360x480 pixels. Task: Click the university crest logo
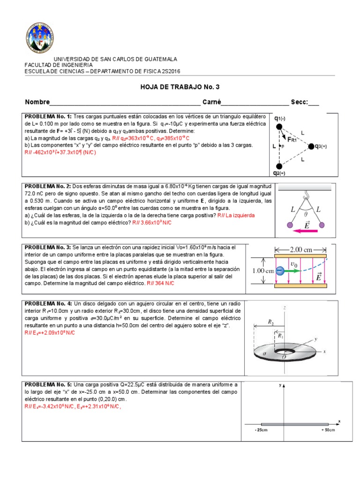tap(39, 38)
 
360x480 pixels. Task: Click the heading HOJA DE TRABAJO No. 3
tap(180, 87)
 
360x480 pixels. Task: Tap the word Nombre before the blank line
tap(37, 102)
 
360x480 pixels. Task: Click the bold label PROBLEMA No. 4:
tap(48, 304)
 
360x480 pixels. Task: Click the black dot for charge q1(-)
tap(280, 127)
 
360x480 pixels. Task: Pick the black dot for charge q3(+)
tap(310, 146)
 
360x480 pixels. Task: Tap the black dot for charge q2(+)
tap(280, 166)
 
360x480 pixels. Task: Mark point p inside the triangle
tap(280, 147)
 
